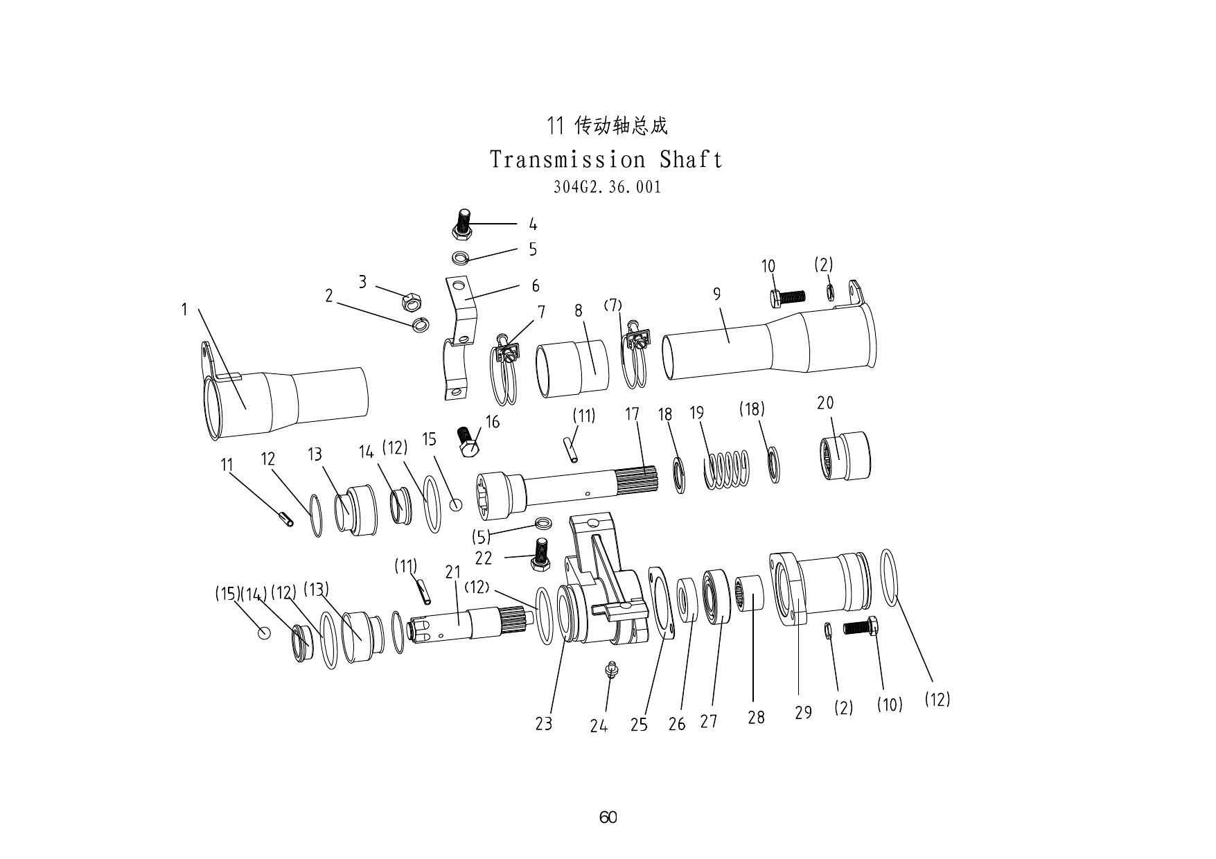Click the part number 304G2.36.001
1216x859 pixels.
(x=607, y=187)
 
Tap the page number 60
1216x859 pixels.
(x=608, y=817)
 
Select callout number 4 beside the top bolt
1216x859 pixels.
(x=533, y=224)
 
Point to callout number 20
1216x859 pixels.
(x=825, y=402)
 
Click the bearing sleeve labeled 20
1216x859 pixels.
(x=845, y=455)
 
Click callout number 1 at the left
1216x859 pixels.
(x=184, y=310)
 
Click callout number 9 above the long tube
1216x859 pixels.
(x=717, y=294)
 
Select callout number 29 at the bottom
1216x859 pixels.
(x=803, y=713)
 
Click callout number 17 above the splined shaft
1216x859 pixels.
(x=632, y=414)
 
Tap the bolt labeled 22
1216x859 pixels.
(x=541, y=554)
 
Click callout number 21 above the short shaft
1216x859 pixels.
(x=452, y=572)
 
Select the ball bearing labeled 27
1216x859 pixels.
(x=716, y=597)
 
